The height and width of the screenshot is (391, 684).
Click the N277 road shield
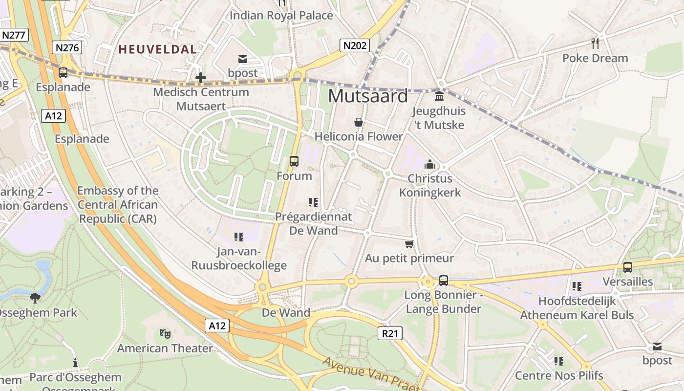pos(14,35)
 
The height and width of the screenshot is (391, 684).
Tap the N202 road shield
pos(355,45)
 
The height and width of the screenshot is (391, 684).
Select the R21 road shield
pos(390,333)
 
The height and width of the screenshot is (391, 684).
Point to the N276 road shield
pos(66,47)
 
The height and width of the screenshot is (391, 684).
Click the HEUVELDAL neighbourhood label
pos(158,49)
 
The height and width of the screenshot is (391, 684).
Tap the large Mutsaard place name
pos(367,96)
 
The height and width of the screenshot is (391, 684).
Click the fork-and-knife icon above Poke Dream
pos(595,43)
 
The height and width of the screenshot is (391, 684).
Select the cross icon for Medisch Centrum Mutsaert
pos(200,77)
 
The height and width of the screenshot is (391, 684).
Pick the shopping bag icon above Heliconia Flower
pos(358,122)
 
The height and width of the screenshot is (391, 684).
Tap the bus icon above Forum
pos(294,161)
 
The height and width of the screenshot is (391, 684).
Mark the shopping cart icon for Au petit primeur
pos(409,243)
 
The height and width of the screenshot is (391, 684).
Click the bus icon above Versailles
pos(627,267)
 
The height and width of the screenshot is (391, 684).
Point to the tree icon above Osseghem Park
pos(35,298)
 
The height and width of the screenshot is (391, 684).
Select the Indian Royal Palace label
pos(281,16)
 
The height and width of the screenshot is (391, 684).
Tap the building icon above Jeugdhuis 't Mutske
pos(439,95)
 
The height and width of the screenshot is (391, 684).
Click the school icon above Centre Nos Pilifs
pos(558,361)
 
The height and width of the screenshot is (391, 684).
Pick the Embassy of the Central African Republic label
pos(118,205)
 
